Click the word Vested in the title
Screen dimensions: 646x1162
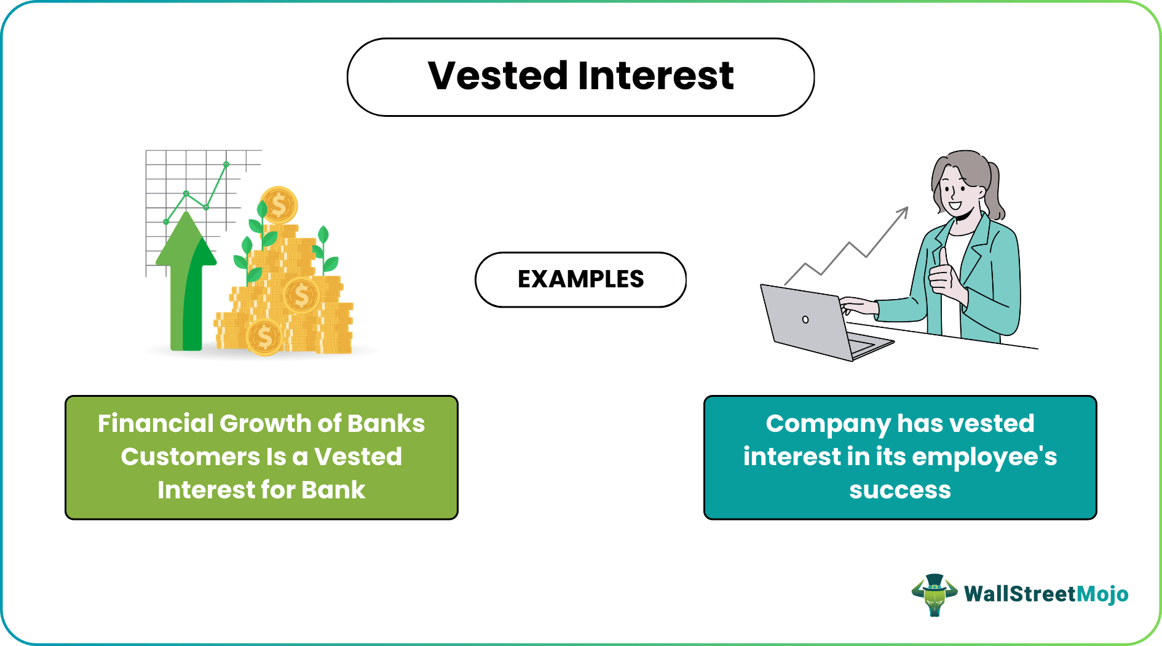497,76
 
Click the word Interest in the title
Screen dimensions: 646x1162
655,76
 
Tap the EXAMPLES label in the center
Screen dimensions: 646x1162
580,279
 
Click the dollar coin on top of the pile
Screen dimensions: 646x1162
279,205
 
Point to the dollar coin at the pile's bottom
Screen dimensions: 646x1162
264,337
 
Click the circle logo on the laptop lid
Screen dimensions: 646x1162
805,319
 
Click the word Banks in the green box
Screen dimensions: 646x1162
385,423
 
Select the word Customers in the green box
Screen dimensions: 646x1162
191,457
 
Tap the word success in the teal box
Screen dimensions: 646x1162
899,490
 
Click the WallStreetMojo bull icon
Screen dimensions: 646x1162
934,594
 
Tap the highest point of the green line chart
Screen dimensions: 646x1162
226,164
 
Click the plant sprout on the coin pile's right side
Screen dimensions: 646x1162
326,252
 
